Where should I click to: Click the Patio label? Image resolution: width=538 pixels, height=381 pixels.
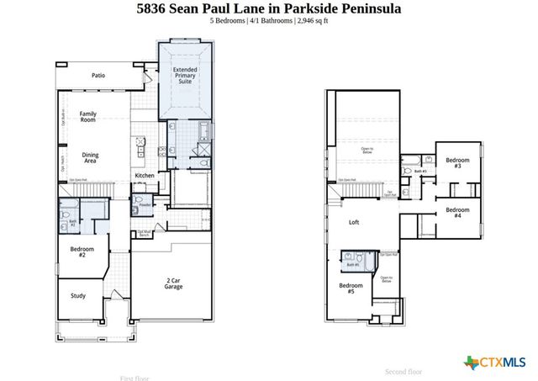click(x=99, y=76)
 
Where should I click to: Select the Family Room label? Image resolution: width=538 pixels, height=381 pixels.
click(x=87, y=117)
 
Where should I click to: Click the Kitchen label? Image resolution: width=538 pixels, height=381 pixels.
click(x=145, y=176)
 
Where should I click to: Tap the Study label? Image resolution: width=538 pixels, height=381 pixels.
click(x=78, y=295)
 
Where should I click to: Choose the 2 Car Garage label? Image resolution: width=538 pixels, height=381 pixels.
click(x=173, y=283)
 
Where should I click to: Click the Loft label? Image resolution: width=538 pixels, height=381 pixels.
click(x=354, y=223)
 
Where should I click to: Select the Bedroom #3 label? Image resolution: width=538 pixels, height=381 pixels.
click(x=456, y=163)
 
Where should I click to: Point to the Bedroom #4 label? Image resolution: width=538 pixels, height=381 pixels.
click(x=456, y=213)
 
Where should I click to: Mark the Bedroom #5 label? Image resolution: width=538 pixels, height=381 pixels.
click(x=351, y=288)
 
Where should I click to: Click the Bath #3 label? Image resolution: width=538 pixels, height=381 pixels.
click(x=419, y=172)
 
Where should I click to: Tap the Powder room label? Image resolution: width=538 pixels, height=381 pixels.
click(x=145, y=204)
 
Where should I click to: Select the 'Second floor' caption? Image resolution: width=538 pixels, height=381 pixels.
click(x=403, y=372)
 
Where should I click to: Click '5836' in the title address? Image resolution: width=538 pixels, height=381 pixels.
click(x=155, y=8)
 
